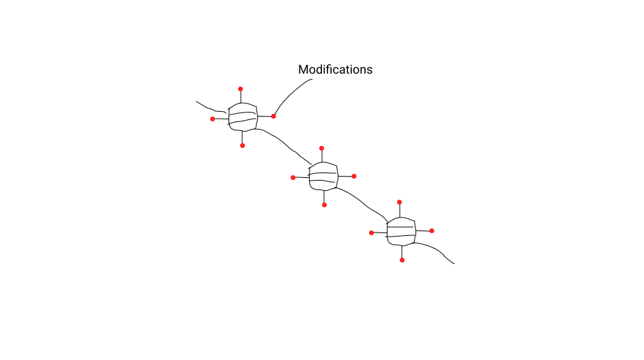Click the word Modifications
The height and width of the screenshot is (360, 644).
pos(335,70)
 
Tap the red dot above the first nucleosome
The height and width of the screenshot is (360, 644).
pos(240,89)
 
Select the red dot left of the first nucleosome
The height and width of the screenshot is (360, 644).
pos(212,119)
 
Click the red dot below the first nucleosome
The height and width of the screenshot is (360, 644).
pos(242,145)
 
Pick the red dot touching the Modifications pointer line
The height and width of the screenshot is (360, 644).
pos(274,116)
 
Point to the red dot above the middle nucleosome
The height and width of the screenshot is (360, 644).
pos(321,148)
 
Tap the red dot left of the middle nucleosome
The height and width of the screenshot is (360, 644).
pos(293,177)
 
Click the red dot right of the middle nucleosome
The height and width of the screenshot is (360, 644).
pos(354,176)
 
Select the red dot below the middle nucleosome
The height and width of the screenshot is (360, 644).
pos(324,205)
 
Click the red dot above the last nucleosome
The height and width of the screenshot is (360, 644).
pos(399,202)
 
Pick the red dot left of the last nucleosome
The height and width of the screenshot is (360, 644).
pos(371,232)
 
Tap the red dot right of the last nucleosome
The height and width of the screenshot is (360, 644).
pos(432,230)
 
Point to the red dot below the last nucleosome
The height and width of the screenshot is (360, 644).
pos(402,260)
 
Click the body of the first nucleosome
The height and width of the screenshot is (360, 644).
pos(243,117)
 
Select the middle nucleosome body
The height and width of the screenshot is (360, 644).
pos(323,176)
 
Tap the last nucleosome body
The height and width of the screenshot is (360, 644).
pos(401,231)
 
